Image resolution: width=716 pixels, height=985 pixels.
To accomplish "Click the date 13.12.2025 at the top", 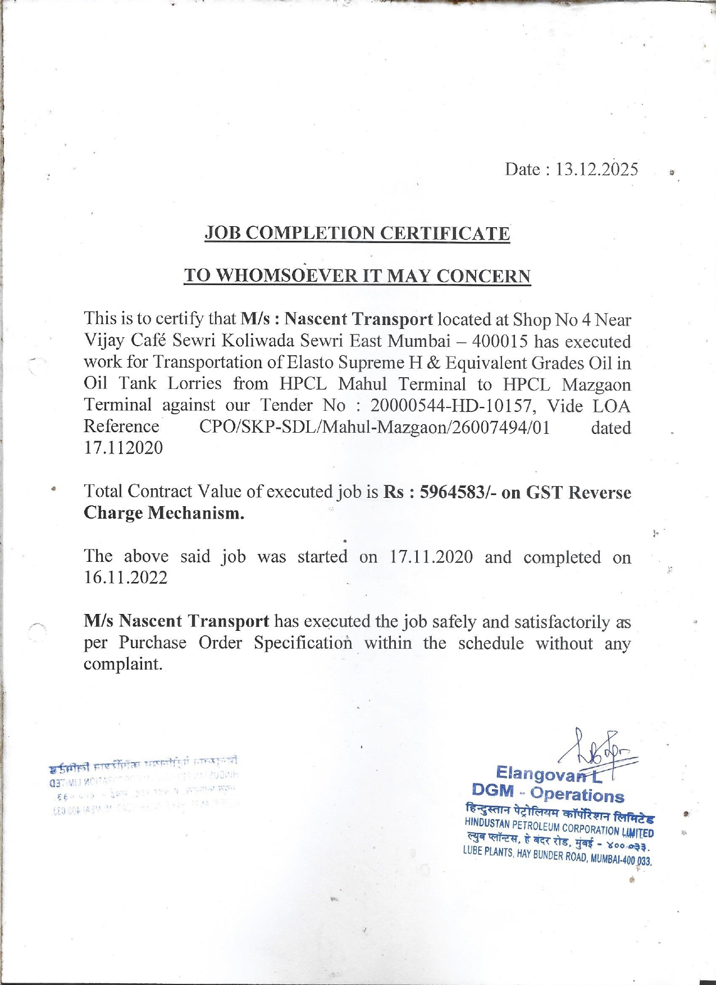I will (x=596, y=169).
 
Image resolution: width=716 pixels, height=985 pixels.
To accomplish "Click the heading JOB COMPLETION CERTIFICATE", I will (x=357, y=233).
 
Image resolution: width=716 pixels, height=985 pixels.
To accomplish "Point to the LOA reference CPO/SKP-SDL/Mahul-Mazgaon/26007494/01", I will (x=375, y=427).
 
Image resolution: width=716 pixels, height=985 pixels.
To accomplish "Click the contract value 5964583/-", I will (x=458, y=492).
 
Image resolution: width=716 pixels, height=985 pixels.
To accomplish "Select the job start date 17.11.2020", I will (x=431, y=557).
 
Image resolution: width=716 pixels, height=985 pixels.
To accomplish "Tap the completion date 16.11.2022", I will (x=125, y=578).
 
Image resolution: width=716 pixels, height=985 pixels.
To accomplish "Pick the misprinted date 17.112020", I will (x=123, y=448).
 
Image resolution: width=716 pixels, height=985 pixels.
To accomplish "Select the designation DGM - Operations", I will (x=548, y=794).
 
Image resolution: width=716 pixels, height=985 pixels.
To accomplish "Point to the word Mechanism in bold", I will (x=195, y=513).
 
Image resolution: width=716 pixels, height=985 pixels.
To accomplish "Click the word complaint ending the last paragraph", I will (x=123, y=664).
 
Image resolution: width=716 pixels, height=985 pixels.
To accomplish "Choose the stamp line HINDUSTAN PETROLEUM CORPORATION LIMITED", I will (x=559, y=827).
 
